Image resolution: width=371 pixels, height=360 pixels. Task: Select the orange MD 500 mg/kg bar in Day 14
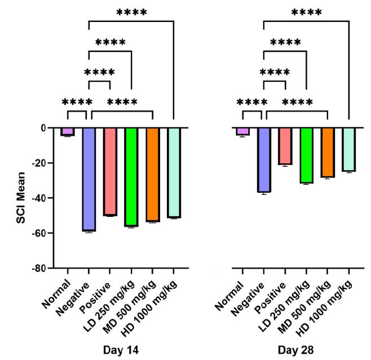coord(152,175)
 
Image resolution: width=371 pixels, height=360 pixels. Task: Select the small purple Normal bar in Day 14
coord(68,132)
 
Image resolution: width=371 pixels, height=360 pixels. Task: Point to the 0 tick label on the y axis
coord(49,128)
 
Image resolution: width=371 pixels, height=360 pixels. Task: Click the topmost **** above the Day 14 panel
coord(131,12)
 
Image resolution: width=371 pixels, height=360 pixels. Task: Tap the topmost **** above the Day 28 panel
coord(306,12)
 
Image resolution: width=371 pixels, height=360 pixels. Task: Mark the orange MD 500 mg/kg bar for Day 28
coord(328,153)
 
